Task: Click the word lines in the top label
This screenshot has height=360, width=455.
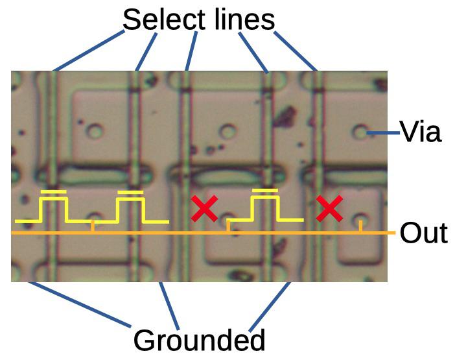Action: (x=244, y=19)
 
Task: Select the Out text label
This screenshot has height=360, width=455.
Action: (x=423, y=233)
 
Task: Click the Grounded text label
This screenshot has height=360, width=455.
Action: (x=199, y=340)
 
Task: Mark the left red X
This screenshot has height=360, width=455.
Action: (x=204, y=208)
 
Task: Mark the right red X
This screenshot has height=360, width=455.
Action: (x=329, y=208)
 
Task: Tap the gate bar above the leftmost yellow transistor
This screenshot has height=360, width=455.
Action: (x=54, y=191)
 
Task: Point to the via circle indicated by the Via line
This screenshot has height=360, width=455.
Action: (x=361, y=132)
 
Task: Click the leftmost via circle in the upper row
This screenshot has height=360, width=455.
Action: (x=95, y=131)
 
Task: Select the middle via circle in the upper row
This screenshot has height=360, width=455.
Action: (x=227, y=131)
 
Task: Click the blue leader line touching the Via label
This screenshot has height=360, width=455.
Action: (x=383, y=133)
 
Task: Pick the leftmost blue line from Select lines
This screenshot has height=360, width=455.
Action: (x=89, y=50)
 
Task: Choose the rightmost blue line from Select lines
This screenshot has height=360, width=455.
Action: (x=296, y=51)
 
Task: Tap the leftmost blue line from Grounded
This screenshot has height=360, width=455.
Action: (x=80, y=304)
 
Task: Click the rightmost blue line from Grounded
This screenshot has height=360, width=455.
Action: (x=270, y=307)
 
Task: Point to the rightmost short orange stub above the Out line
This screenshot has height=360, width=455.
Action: (x=360, y=226)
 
